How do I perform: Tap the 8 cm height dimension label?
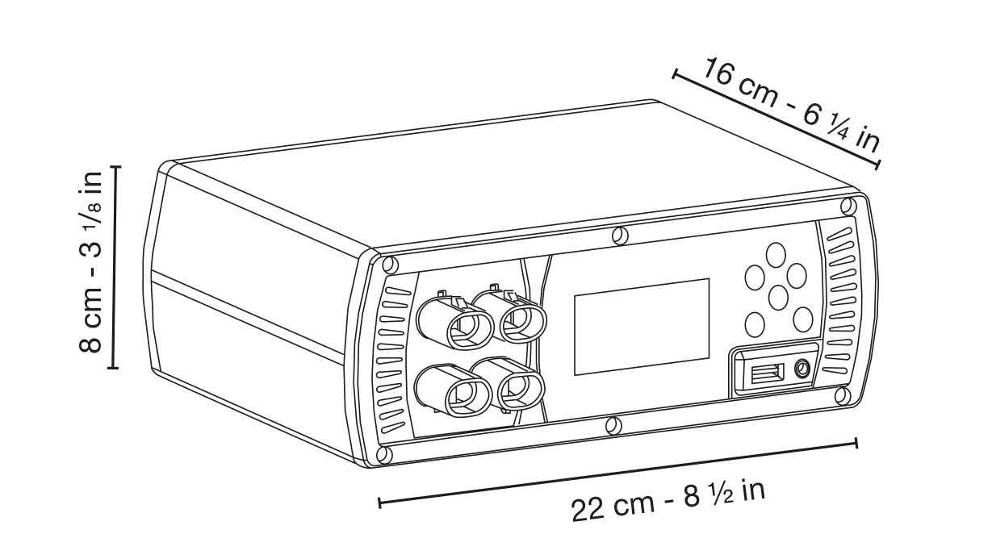click(90, 262)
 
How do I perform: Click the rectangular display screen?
click(642, 327)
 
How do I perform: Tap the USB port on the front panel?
click(768, 373)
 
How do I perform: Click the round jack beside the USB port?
click(802, 369)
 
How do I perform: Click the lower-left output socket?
click(453, 390)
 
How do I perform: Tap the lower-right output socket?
click(507, 383)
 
